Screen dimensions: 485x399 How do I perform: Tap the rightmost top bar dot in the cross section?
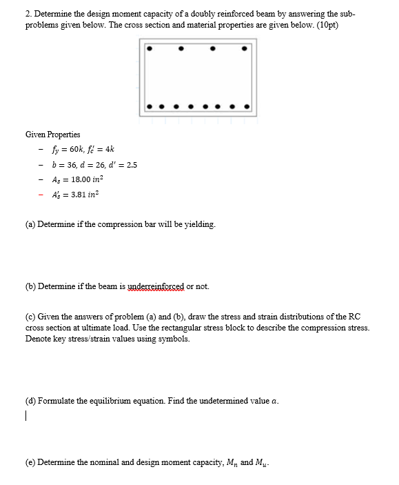coord(245,49)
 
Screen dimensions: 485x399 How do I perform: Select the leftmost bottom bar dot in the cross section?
coord(150,107)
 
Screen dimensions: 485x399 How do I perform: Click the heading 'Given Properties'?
coord(52,134)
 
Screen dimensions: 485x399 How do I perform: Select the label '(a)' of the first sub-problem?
coord(31,224)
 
